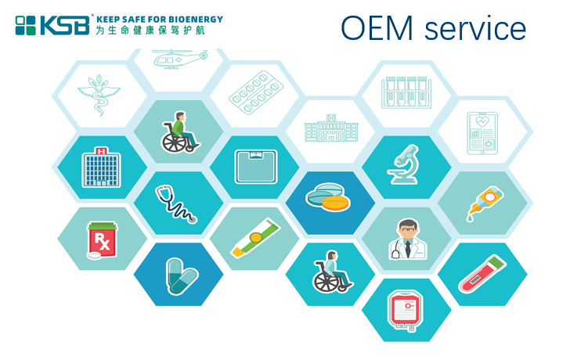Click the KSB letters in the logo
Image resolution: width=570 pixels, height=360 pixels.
65,25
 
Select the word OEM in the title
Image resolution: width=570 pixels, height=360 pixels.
377,27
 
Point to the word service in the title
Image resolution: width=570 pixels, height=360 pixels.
475,28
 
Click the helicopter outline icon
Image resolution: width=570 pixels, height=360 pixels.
180,59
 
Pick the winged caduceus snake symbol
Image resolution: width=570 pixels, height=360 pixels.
99,95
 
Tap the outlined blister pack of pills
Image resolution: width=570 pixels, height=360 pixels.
256,92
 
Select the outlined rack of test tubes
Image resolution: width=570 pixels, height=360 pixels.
406,92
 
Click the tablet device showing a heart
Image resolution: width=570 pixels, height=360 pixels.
482,133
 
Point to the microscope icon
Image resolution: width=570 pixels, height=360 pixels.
403,164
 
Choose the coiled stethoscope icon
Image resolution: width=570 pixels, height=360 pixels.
175,203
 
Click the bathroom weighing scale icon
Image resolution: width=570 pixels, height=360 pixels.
256,167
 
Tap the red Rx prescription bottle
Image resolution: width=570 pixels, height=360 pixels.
102,240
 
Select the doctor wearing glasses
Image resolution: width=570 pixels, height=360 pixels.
407,239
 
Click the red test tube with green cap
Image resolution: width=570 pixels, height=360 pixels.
482,274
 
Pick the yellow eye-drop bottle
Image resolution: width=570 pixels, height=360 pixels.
485,203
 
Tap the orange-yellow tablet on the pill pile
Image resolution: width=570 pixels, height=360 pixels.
336,203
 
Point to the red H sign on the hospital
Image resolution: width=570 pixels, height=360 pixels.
102,151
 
